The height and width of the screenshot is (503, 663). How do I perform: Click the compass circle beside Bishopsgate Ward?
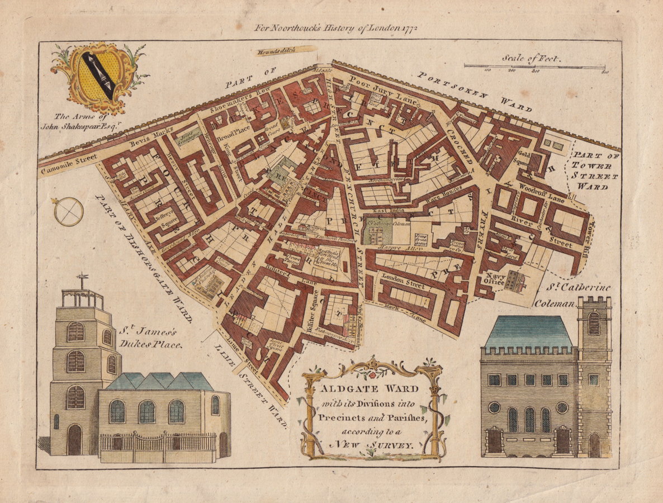pyautogui.click(x=69, y=212)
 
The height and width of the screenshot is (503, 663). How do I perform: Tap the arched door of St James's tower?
pyautogui.click(x=74, y=440)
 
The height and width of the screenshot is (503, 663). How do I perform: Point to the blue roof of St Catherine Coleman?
pyautogui.click(x=528, y=331)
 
